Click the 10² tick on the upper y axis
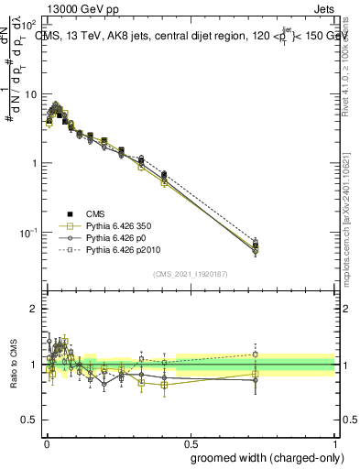tap(31, 25)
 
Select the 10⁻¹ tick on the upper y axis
tap(31, 232)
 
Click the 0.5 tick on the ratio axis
tap(31, 420)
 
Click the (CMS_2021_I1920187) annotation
tap(189, 273)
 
